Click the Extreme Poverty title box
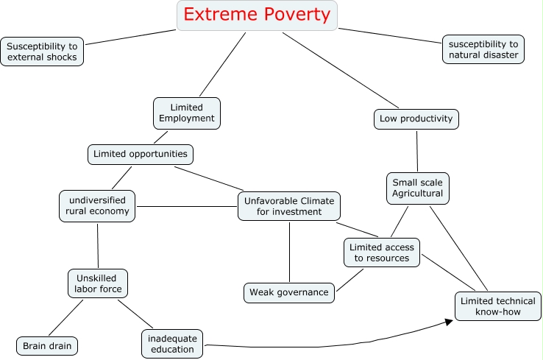coord(257,15)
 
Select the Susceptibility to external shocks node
coord(41,51)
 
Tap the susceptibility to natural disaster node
coord(483,50)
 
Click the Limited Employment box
coord(187,113)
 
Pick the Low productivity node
coord(416,119)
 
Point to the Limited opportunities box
coord(141,155)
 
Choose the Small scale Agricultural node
coord(417,188)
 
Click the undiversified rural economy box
coord(97,205)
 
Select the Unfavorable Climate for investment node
coord(289,206)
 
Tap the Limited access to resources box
coord(382,253)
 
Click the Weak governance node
coord(288,292)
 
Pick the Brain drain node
coord(47,345)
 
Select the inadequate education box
coord(171,344)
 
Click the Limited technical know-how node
coord(497,307)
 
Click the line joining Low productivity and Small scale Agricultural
coord(417,151)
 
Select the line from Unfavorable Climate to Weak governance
coord(289,251)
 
